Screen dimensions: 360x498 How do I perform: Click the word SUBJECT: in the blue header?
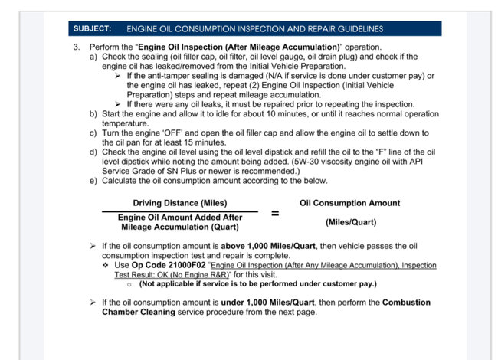[x=93, y=29]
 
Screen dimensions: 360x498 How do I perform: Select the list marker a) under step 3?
[x=94, y=57]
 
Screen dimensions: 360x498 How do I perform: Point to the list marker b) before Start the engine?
[x=94, y=113]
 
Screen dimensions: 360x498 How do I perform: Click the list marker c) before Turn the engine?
[x=94, y=133]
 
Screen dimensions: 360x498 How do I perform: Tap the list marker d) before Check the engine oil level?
[x=94, y=152]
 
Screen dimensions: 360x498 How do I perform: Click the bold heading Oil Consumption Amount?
[x=349, y=203]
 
